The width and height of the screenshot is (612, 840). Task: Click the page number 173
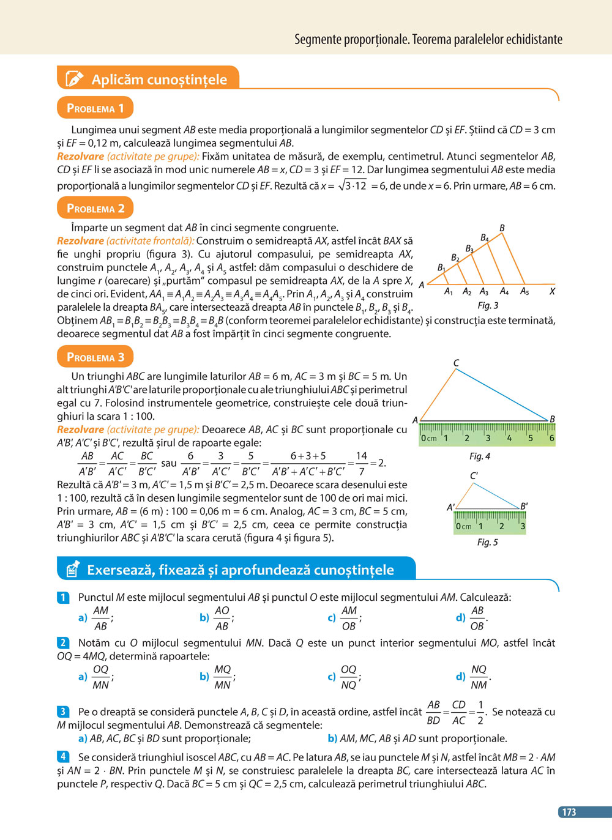pyautogui.click(x=569, y=812)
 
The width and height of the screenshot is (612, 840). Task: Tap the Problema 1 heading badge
pyautogui.click(x=95, y=108)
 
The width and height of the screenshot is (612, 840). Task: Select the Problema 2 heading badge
pyautogui.click(x=95, y=208)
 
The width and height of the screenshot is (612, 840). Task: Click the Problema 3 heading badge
pyautogui.click(x=95, y=357)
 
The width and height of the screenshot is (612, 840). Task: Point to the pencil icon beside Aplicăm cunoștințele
pyautogui.click(x=73, y=79)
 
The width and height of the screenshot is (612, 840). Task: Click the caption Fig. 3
pyautogui.click(x=488, y=305)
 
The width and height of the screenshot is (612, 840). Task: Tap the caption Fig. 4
pyautogui.click(x=480, y=456)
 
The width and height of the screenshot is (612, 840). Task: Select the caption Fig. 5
pyautogui.click(x=488, y=542)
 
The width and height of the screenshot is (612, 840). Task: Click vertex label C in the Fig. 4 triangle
pyautogui.click(x=456, y=363)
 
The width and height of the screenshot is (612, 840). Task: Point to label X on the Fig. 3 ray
pyautogui.click(x=552, y=291)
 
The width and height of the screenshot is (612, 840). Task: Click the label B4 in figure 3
pyautogui.click(x=485, y=237)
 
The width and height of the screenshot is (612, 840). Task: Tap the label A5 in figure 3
pyautogui.click(x=524, y=291)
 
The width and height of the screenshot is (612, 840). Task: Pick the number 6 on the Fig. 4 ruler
pyautogui.click(x=551, y=438)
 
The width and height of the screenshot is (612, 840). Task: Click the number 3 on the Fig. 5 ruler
pyautogui.click(x=522, y=526)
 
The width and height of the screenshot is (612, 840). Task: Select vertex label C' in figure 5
pyautogui.click(x=474, y=475)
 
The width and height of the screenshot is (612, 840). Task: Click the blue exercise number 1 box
pyautogui.click(x=63, y=597)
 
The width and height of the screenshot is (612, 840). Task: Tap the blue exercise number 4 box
pyautogui.click(x=63, y=757)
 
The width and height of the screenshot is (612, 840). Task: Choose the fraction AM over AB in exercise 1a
pyautogui.click(x=101, y=618)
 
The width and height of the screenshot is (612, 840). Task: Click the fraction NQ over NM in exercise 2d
pyautogui.click(x=479, y=677)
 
